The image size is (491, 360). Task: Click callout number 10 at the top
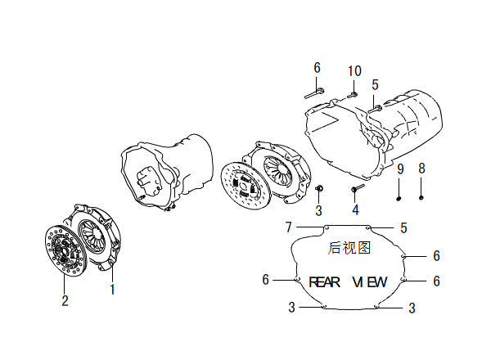(x=354, y=71)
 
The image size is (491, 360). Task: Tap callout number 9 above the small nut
(x=400, y=169)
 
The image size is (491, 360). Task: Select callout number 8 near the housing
(x=421, y=169)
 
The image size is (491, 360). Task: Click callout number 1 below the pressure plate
(x=112, y=290)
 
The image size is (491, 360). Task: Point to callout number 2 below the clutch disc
(x=65, y=300)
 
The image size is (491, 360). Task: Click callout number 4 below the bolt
(x=355, y=209)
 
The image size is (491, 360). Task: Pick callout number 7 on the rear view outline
(x=289, y=227)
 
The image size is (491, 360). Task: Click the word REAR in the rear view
(x=324, y=282)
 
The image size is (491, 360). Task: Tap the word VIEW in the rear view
(x=370, y=282)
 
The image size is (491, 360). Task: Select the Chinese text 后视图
(x=349, y=248)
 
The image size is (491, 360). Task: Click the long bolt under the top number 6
(x=314, y=93)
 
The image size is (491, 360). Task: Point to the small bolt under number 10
(x=353, y=95)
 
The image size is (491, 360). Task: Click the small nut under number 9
(x=399, y=198)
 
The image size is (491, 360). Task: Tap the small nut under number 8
(x=421, y=197)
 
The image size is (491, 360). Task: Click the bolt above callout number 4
(x=358, y=188)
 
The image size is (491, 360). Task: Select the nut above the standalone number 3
(x=319, y=188)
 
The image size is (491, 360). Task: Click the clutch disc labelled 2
(x=65, y=250)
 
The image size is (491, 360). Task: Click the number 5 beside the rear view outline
(x=404, y=228)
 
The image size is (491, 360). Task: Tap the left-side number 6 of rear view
(x=265, y=279)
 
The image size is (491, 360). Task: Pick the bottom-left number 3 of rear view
(x=292, y=307)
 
